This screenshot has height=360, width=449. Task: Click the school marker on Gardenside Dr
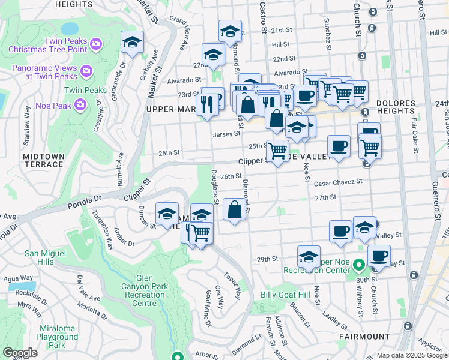[133, 43]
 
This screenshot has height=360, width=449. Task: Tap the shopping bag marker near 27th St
[234, 210]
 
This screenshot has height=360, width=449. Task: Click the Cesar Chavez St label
[339, 181]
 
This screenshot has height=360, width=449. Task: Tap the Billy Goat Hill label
[285, 295]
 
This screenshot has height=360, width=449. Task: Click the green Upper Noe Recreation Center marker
[359, 265]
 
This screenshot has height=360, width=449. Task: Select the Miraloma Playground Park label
[61, 337]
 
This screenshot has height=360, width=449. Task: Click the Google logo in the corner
[20, 353]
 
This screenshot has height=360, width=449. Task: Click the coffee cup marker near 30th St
[379, 256]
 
